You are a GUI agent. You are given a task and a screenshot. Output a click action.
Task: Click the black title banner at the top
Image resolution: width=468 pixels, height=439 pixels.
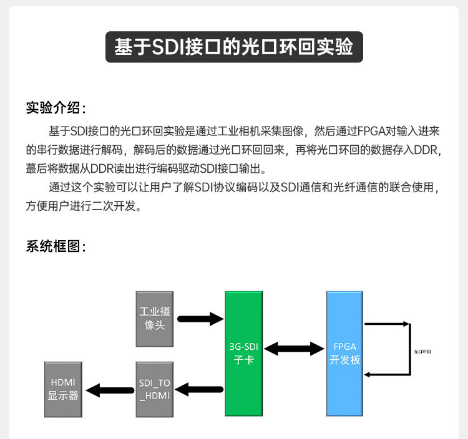coord(234,47)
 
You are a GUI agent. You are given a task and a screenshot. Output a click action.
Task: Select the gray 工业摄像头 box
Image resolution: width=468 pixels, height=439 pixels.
coord(154,318)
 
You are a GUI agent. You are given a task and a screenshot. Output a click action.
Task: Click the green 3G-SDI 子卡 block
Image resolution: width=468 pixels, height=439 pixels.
coord(243,354)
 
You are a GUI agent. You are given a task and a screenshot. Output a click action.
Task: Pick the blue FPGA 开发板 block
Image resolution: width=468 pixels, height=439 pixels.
coord(345,354)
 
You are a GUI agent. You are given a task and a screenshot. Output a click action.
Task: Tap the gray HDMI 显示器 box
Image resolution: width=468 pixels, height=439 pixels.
coord(62,389)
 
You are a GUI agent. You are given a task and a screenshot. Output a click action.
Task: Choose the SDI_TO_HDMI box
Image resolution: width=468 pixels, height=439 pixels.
coord(154,389)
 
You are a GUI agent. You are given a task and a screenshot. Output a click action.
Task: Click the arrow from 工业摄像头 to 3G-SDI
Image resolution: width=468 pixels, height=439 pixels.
coord(200,319)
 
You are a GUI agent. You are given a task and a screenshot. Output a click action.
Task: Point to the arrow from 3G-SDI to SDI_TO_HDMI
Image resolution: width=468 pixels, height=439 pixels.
coord(200,390)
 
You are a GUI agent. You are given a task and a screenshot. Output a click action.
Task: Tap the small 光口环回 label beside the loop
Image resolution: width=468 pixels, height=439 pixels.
coord(422,352)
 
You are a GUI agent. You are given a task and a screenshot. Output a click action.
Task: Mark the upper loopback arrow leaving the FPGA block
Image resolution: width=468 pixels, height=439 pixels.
coord(387,324)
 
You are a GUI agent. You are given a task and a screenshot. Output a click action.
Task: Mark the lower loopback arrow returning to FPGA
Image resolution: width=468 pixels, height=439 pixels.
coord(387,375)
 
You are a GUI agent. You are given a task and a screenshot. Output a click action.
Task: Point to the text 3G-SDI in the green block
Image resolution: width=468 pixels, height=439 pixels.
coord(243,347)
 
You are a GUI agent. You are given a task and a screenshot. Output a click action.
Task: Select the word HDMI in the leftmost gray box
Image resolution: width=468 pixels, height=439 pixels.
coord(62,382)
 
